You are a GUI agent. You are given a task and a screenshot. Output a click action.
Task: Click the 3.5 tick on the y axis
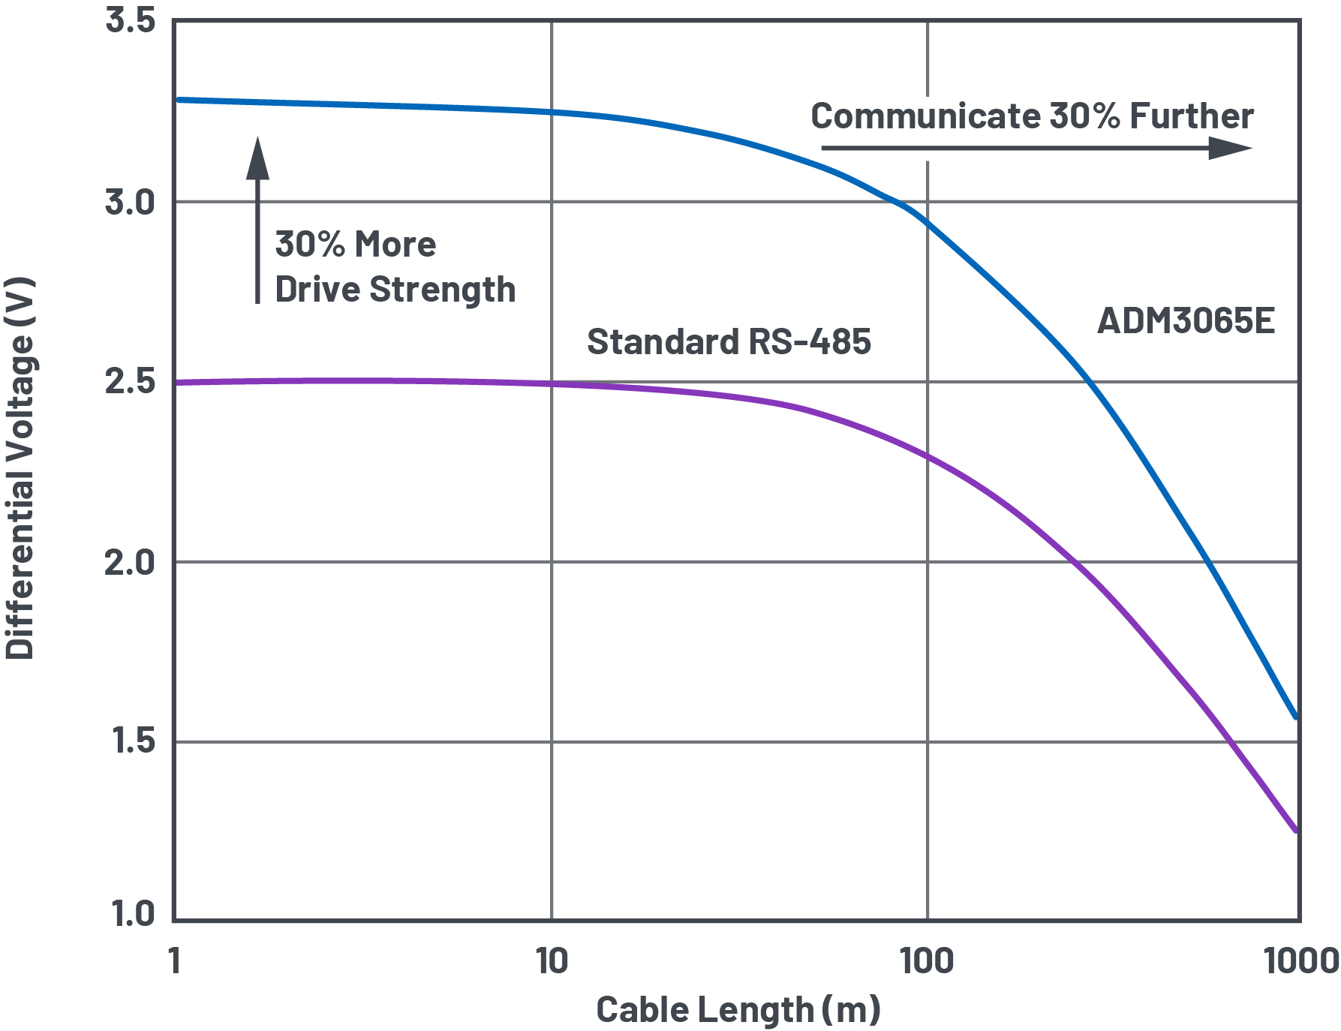[130, 20]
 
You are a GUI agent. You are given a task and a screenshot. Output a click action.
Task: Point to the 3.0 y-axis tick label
[130, 202]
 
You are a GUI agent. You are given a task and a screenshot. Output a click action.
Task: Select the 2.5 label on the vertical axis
[130, 381]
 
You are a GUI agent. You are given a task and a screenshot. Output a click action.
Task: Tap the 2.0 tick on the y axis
[130, 562]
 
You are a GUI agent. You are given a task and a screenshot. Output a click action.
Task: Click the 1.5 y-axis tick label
[133, 741]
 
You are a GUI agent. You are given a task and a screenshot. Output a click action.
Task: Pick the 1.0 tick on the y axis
[133, 913]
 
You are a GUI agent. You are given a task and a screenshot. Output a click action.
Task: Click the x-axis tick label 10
[552, 961]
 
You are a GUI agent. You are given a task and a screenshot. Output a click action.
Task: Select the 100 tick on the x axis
[927, 961]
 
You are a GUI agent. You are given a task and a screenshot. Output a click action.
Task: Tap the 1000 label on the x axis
[1300, 961]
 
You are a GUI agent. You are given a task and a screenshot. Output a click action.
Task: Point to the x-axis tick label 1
[174, 961]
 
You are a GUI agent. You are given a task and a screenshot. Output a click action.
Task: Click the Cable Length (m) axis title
[738, 1009]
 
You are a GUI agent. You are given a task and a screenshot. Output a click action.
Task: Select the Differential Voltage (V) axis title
[20, 468]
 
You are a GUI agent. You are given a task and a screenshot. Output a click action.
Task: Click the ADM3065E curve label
[1186, 321]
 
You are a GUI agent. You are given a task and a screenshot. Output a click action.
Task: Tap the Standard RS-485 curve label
[729, 342]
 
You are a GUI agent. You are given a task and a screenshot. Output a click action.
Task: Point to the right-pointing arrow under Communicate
[1036, 148]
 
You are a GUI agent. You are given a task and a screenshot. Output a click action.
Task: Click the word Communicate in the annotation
[925, 116]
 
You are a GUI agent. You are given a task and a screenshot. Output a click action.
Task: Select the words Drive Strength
[395, 290]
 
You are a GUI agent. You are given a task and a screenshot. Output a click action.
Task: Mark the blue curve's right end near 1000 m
[1296, 717]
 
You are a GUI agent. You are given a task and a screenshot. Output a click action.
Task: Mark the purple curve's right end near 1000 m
[1296, 830]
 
